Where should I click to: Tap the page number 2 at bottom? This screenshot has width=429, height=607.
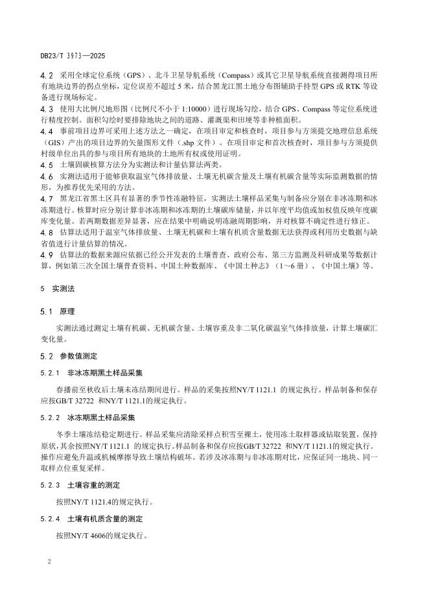(49, 559)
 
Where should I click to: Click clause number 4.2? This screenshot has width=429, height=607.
(47, 76)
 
